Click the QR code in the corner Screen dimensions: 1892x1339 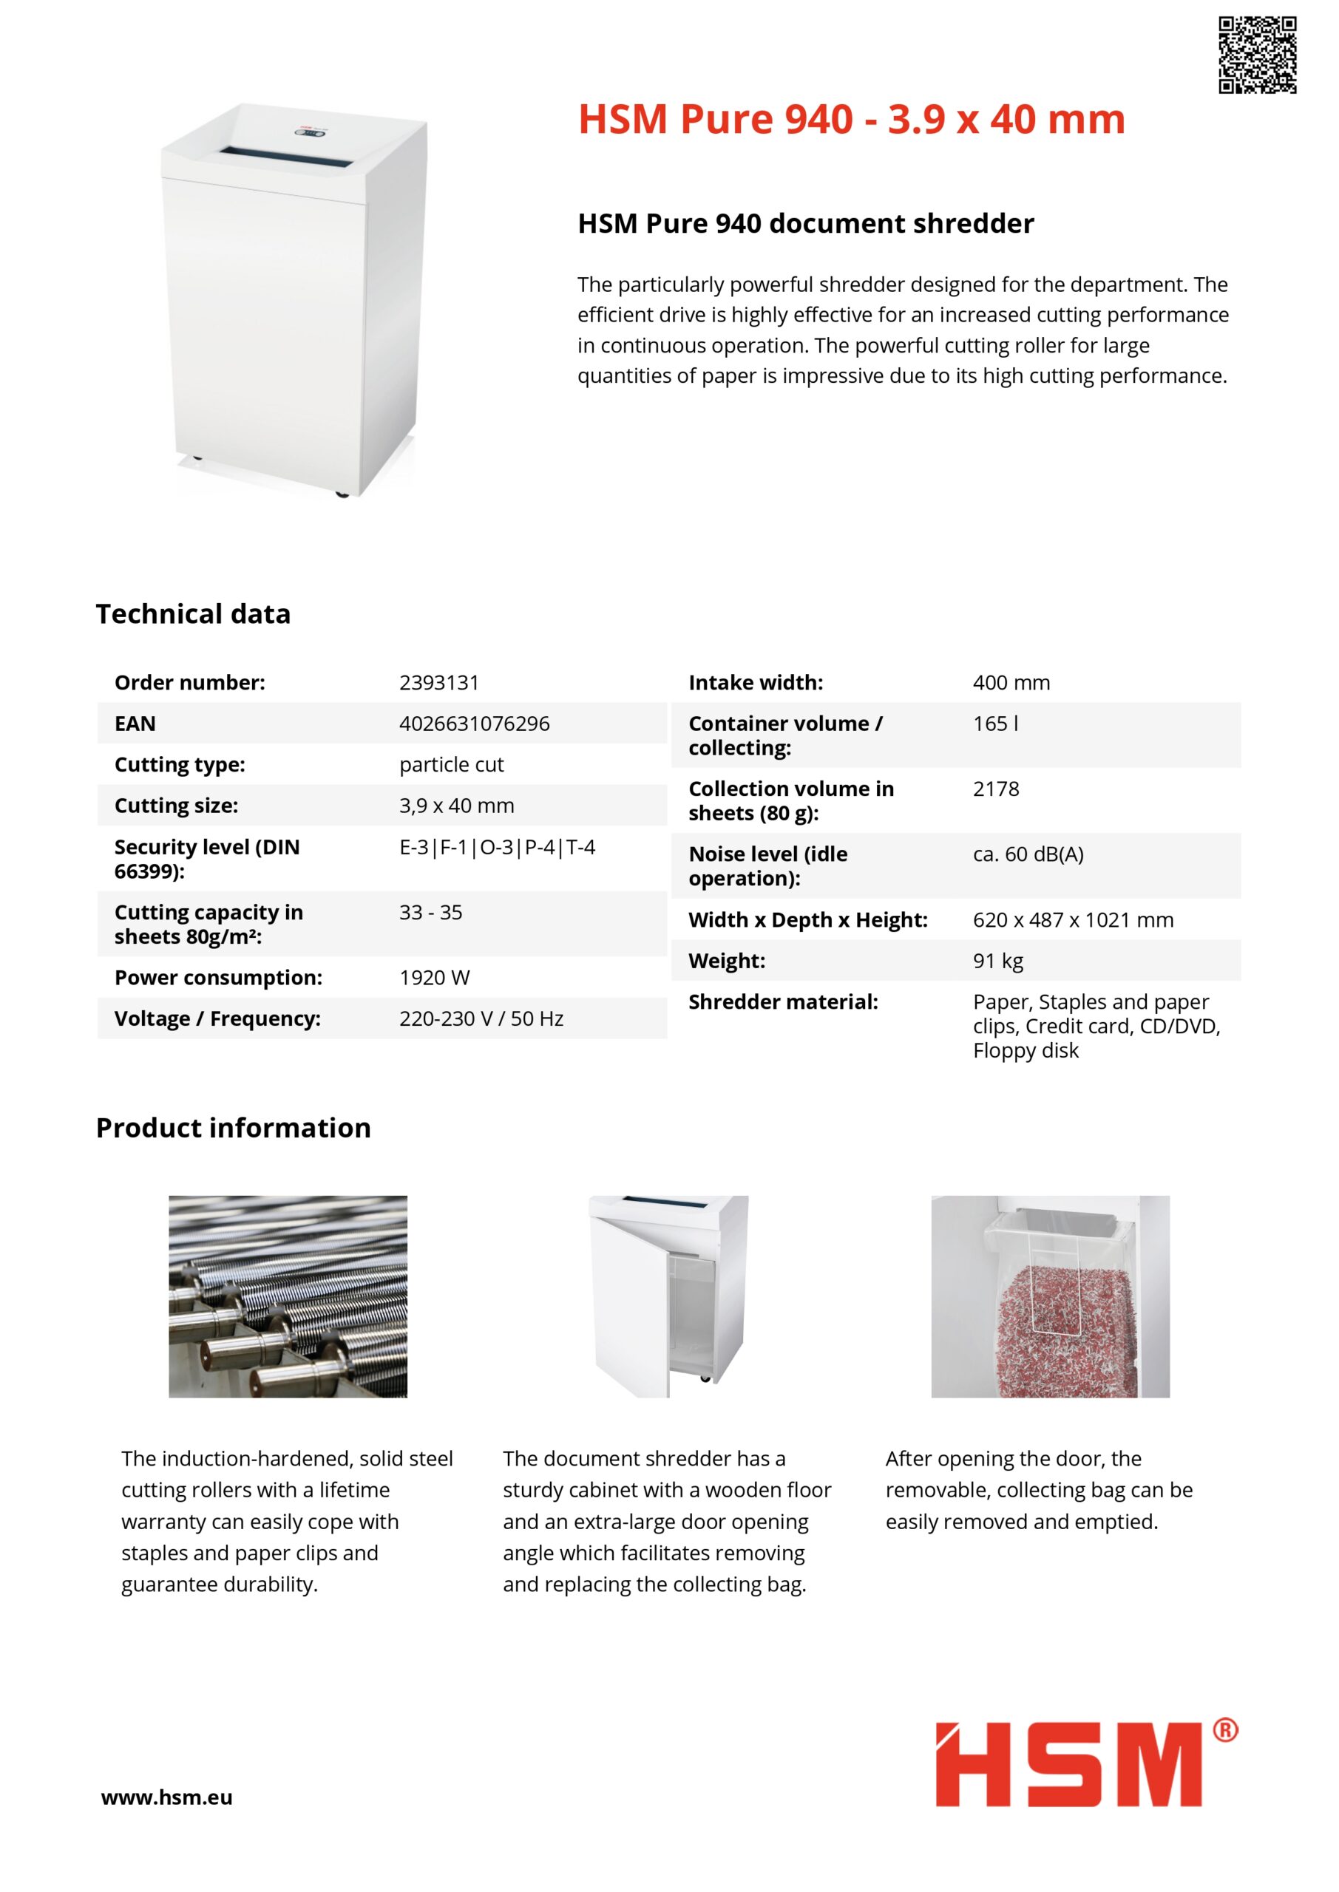point(1258,55)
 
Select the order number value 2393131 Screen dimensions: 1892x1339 point(438,682)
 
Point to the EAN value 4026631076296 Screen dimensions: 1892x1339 point(474,724)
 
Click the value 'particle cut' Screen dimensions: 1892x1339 point(451,765)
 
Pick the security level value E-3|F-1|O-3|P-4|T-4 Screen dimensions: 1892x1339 point(497,847)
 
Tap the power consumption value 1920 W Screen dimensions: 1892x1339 point(435,978)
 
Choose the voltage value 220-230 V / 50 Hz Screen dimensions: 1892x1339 point(481,1019)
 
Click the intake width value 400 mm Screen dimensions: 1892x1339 point(1011,682)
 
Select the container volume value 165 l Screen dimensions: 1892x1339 point(995,724)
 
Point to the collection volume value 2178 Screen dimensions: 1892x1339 point(996,789)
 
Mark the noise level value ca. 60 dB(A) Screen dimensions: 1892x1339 point(1028,854)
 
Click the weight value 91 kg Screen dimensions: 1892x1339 point(997,961)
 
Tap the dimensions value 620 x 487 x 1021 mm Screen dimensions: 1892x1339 point(1073,919)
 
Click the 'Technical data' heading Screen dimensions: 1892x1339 point(193,614)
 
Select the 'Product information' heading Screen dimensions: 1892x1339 point(234,1127)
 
